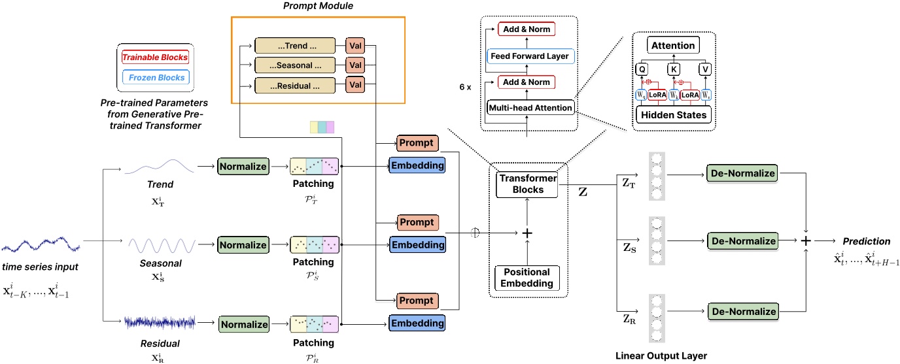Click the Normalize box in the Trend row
[x=243, y=167]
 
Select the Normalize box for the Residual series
[x=243, y=323]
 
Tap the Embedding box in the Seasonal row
[x=417, y=244]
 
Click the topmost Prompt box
[x=417, y=143]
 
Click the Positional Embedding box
[x=528, y=277]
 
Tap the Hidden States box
[x=673, y=115]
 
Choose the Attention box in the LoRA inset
[x=673, y=46]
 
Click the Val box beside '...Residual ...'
[x=355, y=85]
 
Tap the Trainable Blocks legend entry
[x=154, y=57]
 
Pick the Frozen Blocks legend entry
[x=155, y=78]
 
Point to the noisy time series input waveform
[x=41, y=247]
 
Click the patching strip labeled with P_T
[x=313, y=167]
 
